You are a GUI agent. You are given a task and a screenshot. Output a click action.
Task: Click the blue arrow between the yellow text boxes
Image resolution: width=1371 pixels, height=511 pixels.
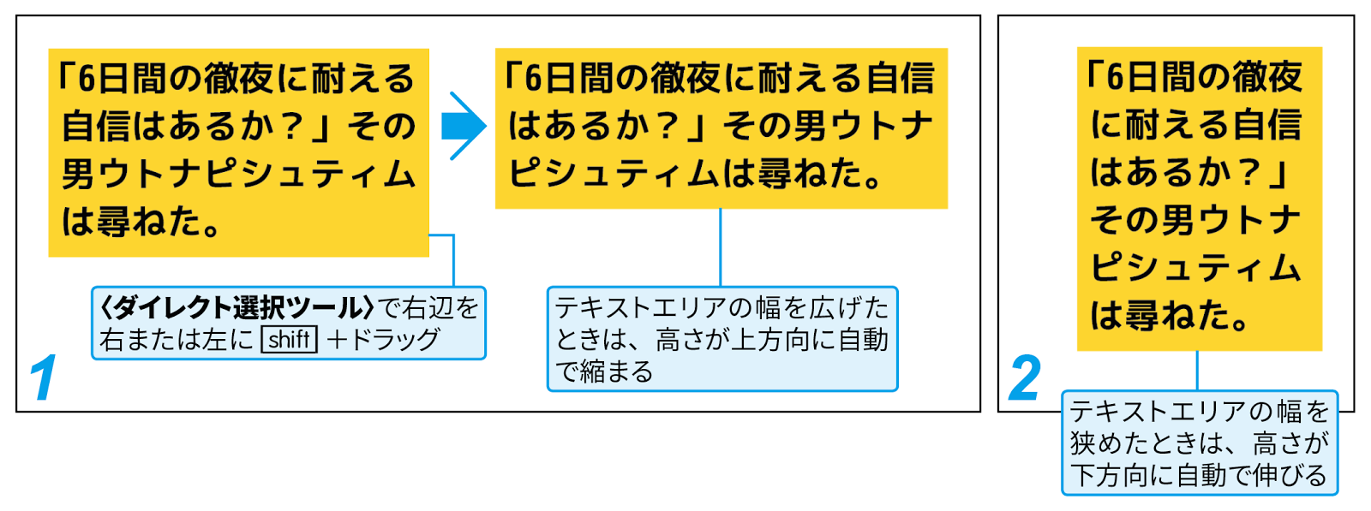[464, 126]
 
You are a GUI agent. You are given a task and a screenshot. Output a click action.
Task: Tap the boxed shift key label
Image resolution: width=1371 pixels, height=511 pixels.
[290, 340]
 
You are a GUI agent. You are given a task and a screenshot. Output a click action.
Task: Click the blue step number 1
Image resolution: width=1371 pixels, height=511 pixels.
[44, 377]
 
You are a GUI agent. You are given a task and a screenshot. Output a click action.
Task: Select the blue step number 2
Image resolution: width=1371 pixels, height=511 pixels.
[1024, 377]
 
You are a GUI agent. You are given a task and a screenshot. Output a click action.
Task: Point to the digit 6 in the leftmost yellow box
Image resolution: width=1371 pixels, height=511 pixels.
[87, 80]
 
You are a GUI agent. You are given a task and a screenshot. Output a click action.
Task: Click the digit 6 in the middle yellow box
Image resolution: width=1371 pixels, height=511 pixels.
[534, 78]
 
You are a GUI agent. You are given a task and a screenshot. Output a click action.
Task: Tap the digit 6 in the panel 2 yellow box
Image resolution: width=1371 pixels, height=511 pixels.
[1115, 77]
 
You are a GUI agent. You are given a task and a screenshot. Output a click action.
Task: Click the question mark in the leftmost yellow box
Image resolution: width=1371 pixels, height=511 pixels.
[292, 127]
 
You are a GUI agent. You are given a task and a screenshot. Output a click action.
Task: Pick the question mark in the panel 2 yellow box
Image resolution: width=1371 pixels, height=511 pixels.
[1250, 172]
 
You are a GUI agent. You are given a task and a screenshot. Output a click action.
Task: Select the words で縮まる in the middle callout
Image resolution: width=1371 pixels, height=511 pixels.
[604, 371]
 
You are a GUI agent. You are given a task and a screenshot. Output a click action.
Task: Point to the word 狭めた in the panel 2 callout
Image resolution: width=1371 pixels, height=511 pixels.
[1117, 443]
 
